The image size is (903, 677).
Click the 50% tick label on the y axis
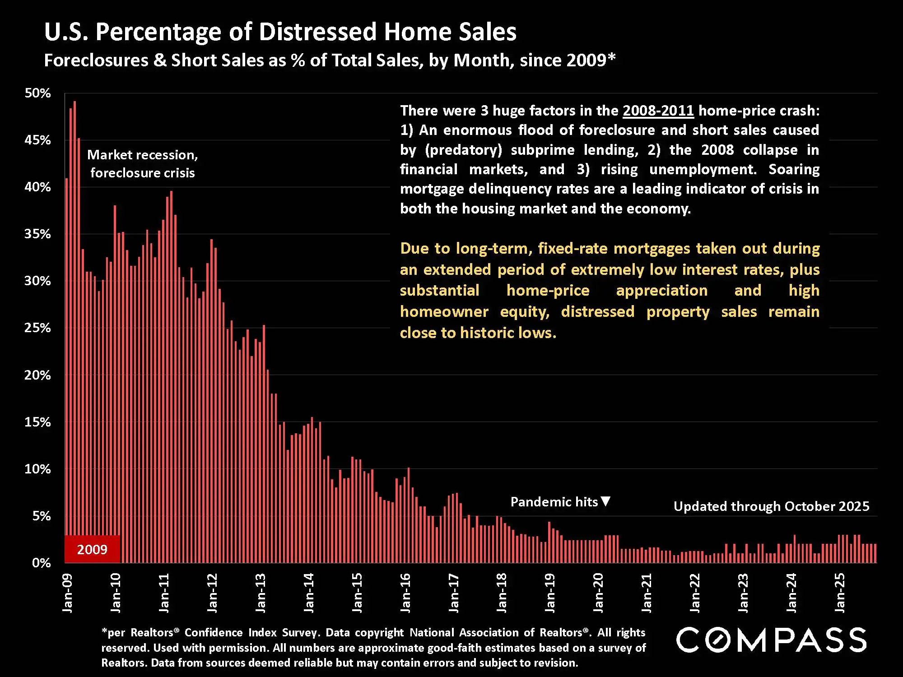pos(37,93)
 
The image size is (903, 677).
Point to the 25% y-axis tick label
pos(37,328)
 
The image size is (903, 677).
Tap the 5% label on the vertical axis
pos(41,516)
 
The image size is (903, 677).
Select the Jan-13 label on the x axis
pos(261,593)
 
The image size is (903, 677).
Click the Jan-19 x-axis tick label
pos(550,593)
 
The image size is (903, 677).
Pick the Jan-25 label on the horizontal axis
pos(839,593)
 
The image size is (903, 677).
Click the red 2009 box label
pos(92,549)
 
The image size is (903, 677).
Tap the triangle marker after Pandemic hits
pos(606,501)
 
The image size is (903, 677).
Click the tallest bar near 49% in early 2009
pos(74,271)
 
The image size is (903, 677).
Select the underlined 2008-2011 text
pos(658,111)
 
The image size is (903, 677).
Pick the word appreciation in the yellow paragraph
pos(662,290)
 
